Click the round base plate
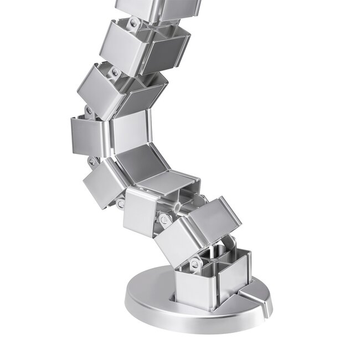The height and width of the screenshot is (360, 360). pos(150,299)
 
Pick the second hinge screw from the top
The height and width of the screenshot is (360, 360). pos(115,72)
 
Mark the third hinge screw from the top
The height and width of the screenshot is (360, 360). pos(89,111)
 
